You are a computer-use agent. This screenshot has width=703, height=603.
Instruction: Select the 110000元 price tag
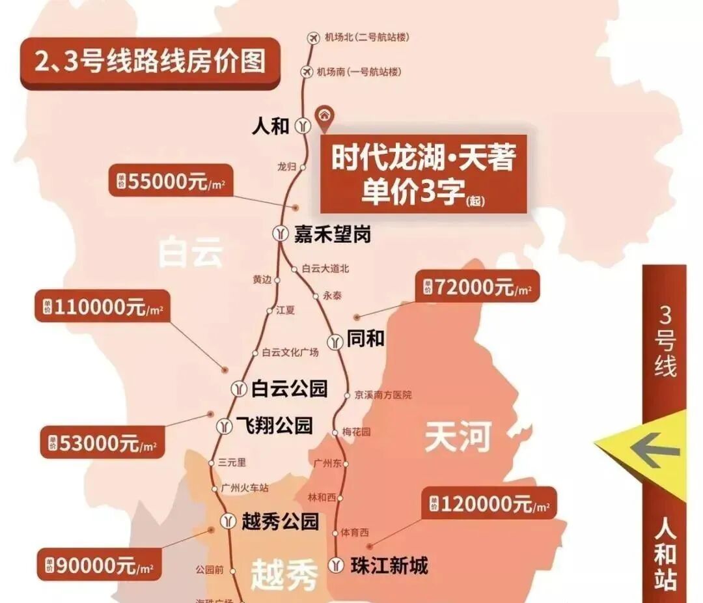tap(102, 307)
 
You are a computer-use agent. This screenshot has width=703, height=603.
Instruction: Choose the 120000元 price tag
tap(488, 504)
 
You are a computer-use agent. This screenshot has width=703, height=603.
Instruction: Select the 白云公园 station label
tap(289, 389)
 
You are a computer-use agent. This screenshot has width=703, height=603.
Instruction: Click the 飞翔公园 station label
tap(274, 426)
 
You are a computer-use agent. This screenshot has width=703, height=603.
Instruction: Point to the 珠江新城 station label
tap(389, 565)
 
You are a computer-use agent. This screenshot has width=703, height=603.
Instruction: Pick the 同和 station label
tap(366, 339)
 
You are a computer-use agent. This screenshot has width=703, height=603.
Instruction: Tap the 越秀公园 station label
tap(279, 520)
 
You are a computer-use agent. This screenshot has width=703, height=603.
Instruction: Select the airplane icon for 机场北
tap(312, 38)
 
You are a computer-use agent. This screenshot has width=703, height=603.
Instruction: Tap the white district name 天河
tap(458, 437)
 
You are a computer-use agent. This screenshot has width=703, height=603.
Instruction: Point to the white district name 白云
tap(191, 252)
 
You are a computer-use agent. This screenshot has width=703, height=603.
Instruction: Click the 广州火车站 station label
tap(245, 488)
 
